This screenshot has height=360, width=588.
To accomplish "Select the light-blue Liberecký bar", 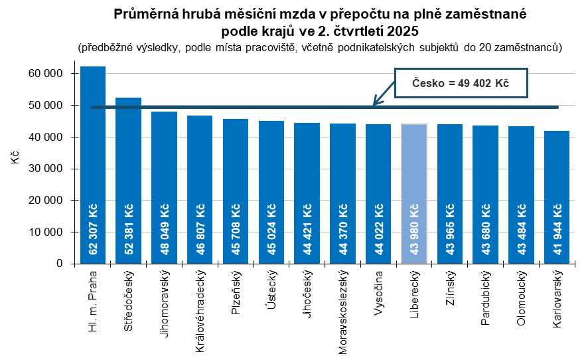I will click(x=414, y=193).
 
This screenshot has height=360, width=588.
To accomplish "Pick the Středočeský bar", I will click(x=129, y=180).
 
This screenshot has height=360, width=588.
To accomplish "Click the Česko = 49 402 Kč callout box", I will click(x=461, y=84).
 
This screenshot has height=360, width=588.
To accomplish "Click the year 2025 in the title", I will click(x=404, y=31).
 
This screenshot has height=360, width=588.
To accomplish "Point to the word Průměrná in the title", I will click(x=143, y=14).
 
